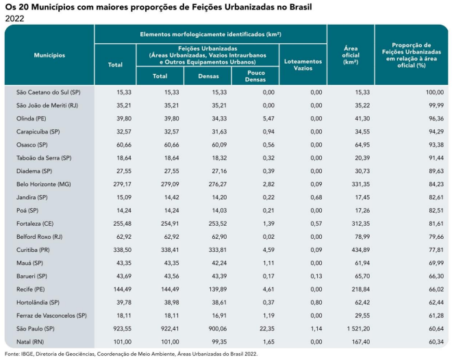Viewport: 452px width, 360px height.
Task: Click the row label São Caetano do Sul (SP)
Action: [49, 92]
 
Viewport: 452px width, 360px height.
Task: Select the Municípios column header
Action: [49, 55]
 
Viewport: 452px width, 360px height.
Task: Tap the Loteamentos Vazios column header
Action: [303, 65]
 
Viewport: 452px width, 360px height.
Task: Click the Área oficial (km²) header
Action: [351, 55]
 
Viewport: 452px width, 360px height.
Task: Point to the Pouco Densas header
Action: [255, 76]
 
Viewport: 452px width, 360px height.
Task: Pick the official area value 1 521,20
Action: [358, 329]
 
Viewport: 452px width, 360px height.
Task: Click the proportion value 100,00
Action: [435, 92]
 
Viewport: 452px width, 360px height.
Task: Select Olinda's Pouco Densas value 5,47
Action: [268, 118]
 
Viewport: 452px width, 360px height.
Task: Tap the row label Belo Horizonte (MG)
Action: [44, 184]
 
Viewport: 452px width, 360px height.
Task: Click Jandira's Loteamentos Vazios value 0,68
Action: [316, 197]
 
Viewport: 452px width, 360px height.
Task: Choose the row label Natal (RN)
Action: [30, 342]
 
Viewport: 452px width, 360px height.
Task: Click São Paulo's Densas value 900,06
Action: [217, 329]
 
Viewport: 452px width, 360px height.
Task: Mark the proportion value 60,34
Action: [436, 342]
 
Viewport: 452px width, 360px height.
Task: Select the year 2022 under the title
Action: [14, 18]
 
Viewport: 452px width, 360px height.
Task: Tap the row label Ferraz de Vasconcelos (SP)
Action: [51, 316]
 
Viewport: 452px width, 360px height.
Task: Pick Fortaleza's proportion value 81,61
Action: [436, 224]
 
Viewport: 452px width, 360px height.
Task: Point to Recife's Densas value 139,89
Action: [217, 289]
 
